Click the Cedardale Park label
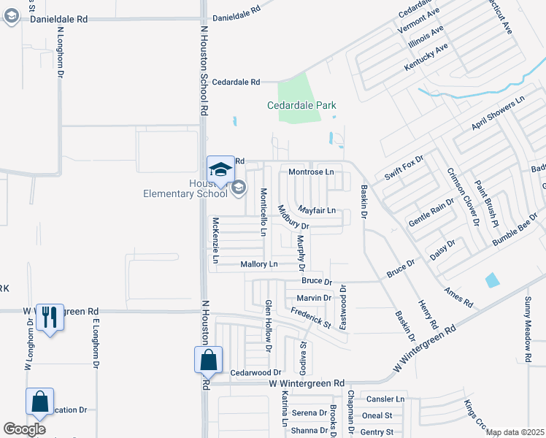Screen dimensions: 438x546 (301, 105)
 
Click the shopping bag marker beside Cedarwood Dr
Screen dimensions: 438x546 (208, 360)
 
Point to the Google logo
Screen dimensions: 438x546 (24, 429)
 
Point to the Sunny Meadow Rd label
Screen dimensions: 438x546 (528, 329)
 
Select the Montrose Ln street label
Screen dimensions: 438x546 (311, 172)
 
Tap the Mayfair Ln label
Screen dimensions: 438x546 (316, 210)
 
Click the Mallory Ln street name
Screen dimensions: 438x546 (259, 264)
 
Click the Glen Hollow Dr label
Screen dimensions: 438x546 (268, 326)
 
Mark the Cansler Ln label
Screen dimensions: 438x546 (385, 399)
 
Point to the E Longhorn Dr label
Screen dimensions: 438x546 (95, 342)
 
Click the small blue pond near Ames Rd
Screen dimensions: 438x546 (493, 280)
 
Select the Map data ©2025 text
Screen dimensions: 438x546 (515, 432)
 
